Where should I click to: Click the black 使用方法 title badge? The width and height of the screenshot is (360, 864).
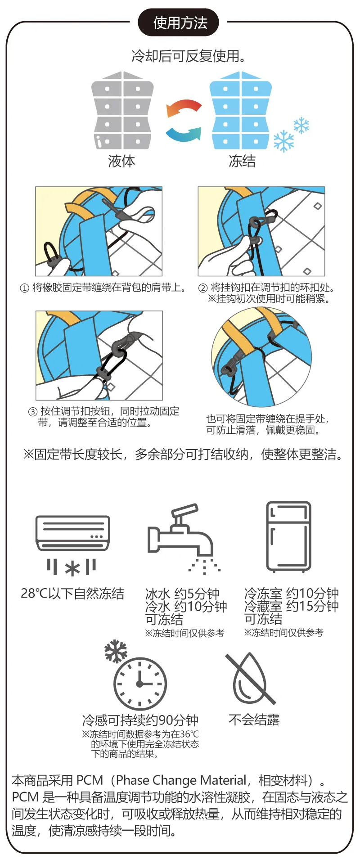[178, 22]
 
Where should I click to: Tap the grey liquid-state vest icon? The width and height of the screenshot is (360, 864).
[123, 110]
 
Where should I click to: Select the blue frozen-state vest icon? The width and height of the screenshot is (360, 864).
[241, 110]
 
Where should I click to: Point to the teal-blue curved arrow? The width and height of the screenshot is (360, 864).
[184, 134]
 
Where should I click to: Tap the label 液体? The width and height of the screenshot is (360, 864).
[121, 161]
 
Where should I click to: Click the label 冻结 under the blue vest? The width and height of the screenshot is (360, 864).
[242, 161]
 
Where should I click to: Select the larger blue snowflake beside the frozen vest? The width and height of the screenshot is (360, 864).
[283, 141]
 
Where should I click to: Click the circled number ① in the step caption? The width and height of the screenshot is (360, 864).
[24, 288]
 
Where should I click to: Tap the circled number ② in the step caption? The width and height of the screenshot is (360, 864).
[203, 288]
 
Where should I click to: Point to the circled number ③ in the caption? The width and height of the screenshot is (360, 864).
[33, 412]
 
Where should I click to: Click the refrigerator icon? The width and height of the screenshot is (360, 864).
[288, 537]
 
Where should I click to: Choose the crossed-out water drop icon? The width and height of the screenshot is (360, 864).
[250, 679]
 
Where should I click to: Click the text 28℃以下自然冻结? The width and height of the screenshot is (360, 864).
[72, 594]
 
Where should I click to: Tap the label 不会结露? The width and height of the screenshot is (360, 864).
[254, 720]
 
